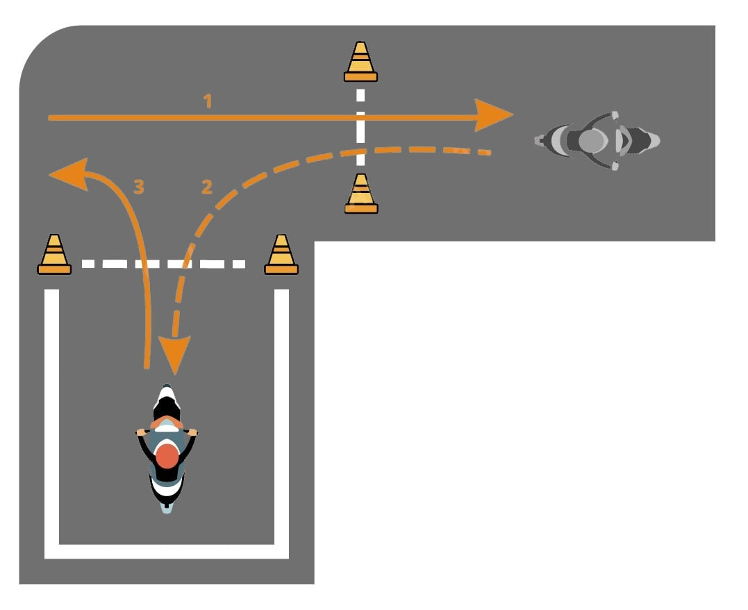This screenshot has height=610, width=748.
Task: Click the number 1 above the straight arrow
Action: point(207,101)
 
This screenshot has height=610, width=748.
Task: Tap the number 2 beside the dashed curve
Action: point(206,187)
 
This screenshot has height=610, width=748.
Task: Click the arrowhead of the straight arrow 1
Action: point(494,115)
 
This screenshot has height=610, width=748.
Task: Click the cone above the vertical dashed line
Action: point(360,62)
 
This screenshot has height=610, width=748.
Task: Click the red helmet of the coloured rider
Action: point(167,457)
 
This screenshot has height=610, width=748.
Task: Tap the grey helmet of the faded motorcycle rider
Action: point(591,140)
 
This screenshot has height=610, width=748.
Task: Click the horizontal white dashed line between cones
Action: point(163,264)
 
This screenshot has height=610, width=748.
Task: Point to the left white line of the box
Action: point(52,416)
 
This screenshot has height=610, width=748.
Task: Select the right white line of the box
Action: point(281,416)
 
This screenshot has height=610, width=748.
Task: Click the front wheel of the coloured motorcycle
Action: point(167,395)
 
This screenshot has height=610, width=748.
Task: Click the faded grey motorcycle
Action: point(597,140)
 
